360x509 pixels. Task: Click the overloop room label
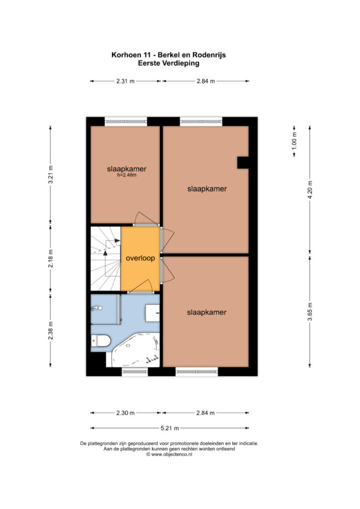point(140,258)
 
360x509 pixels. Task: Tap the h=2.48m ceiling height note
point(127,175)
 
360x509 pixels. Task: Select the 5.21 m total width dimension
point(170,428)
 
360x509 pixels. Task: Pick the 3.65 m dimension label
point(310,311)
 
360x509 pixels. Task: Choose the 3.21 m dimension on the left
point(50,174)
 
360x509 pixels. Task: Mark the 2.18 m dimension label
point(50,258)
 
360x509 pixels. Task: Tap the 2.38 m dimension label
point(50,331)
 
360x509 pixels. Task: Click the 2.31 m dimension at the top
point(125,81)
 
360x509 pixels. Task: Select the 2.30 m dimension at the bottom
point(125,413)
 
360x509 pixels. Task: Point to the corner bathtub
point(136,350)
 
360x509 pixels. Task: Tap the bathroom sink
point(153,313)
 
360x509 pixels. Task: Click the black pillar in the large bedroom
point(243,163)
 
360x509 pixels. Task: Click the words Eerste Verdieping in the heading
point(169,63)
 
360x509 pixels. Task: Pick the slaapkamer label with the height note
point(127,169)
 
